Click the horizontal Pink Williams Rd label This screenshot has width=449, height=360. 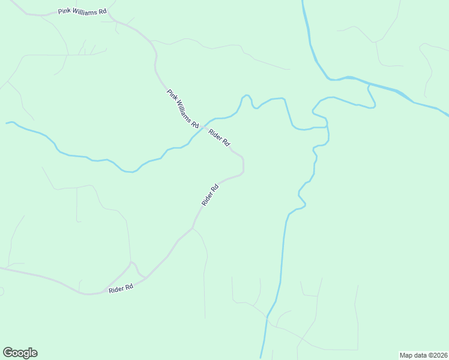point(82,11)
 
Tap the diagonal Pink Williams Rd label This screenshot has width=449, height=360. point(183,109)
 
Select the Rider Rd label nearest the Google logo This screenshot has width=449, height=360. point(121,289)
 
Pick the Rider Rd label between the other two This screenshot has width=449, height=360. point(210,195)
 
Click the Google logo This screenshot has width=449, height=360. point(20,353)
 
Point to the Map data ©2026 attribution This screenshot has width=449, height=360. point(424,355)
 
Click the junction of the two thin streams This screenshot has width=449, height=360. point(327,127)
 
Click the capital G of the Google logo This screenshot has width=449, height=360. point(8,353)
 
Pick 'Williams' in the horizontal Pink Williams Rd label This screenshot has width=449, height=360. point(83,11)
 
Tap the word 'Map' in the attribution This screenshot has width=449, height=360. point(406,355)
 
